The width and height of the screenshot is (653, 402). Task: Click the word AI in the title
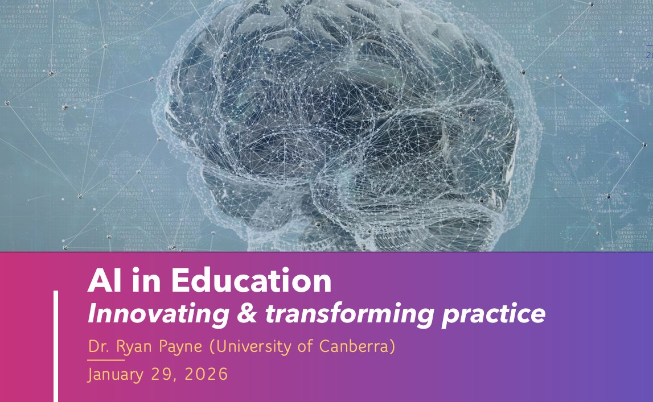(102, 281)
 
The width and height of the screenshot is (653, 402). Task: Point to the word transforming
(345, 314)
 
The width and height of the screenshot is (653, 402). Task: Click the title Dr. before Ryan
(98, 346)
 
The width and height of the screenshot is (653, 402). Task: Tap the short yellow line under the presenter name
(105, 360)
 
